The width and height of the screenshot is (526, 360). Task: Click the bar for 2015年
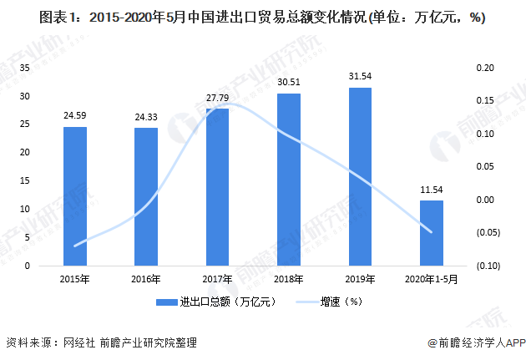coord(75,196)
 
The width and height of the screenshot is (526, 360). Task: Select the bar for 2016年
coord(146,197)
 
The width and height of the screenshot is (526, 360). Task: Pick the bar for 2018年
coord(289,180)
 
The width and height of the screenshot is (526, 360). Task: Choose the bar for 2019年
coord(360,176)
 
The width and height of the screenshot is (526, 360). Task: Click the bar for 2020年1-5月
coord(432,233)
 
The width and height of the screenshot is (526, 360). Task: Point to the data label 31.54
coord(360,77)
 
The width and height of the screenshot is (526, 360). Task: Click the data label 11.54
coord(432,190)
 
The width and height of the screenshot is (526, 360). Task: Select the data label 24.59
coord(75,116)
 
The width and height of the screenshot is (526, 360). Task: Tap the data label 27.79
coord(218,98)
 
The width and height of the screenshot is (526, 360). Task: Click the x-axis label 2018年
coord(289,278)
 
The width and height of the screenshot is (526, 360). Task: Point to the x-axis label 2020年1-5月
coord(432,278)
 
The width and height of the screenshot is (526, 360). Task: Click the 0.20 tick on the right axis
coord(486,68)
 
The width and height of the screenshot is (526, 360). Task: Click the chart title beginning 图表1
coord(262,16)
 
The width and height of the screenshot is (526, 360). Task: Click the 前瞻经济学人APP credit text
coord(475,342)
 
